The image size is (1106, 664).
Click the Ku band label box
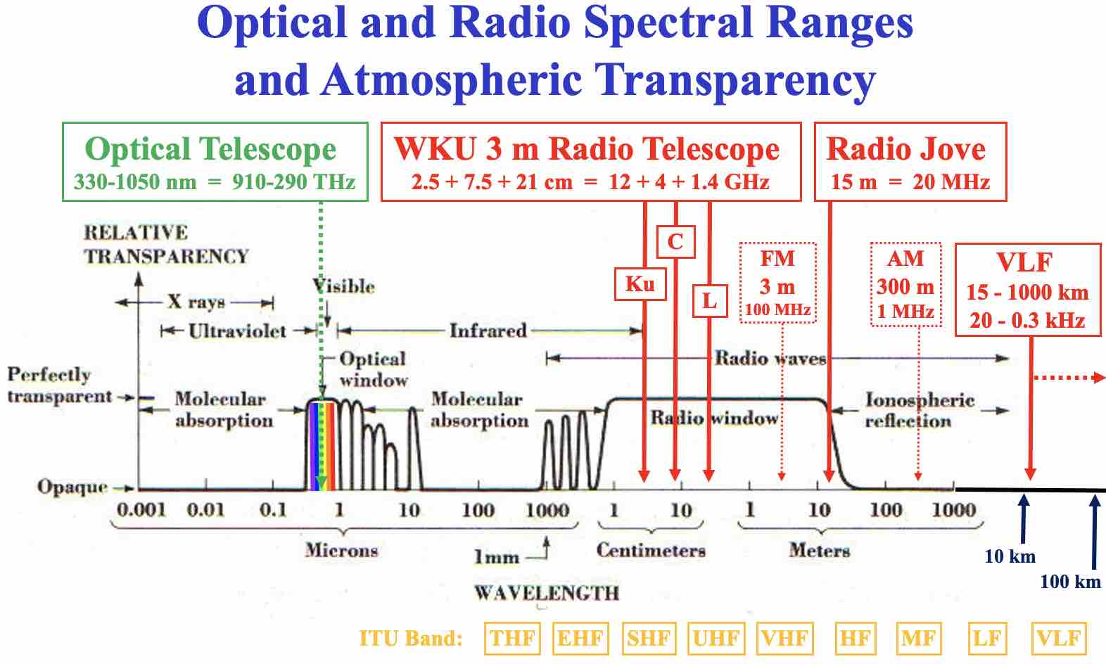tap(640, 284)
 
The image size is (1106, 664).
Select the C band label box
tap(675, 242)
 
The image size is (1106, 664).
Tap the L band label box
tap(709, 301)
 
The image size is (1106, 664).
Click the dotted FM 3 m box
tap(777, 283)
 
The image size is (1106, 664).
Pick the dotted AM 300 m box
tap(905, 284)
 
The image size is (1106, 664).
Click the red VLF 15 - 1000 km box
tap(1027, 290)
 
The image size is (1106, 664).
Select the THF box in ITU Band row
tap(512, 639)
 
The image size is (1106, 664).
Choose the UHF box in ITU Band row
tap(716, 639)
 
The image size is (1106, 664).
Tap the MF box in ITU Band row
tap(919, 639)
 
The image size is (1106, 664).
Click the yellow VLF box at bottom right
tap(1058, 639)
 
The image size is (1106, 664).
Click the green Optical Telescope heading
tap(210, 149)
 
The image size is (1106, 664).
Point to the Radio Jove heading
tap(906, 149)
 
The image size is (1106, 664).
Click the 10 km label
tap(1010, 556)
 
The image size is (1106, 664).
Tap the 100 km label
tap(1070, 582)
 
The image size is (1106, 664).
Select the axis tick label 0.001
tap(141, 510)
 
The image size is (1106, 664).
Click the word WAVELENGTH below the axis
tap(547, 593)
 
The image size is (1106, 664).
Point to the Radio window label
tap(714, 419)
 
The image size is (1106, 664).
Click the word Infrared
tap(488, 330)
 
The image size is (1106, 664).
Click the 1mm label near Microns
tap(497, 557)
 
